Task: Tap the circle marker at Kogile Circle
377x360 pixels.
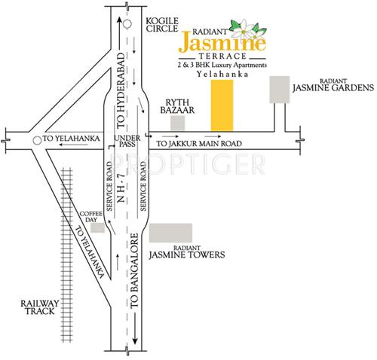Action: point(128,23)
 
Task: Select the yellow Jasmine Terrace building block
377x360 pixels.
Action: point(221,105)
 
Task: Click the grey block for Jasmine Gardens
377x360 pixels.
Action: point(280,89)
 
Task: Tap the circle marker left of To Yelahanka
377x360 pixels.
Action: point(37,139)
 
